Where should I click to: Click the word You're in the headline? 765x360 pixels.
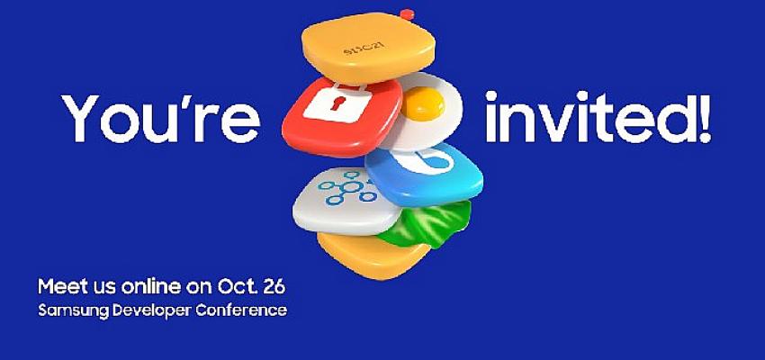click(160, 118)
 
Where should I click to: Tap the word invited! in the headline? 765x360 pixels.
click(598, 117)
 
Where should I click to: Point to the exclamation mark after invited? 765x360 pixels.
click(704, 117)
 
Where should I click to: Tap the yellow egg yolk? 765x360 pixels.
click(422, 103)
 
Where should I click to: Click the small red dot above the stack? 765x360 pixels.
click(407, 14)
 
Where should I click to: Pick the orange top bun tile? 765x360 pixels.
click(368, 49)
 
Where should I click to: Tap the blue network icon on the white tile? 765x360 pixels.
click(346, 187)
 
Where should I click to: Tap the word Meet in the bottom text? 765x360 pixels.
click(59, 287)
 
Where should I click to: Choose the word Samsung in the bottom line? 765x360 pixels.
click(74, 310)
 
